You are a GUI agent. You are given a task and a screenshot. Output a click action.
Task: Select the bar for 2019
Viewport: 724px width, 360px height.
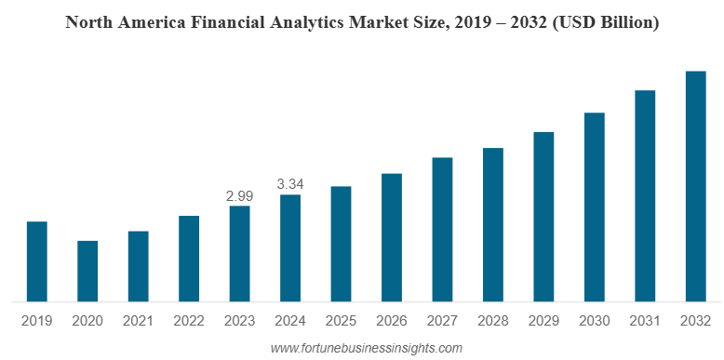coord(36,261)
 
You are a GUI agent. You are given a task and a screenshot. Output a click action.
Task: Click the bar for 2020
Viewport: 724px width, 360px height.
coord(87,271)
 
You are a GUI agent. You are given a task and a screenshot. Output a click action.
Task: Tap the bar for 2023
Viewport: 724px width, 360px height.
coord(239,253)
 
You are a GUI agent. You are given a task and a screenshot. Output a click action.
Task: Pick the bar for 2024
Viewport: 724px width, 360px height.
coord(290,247)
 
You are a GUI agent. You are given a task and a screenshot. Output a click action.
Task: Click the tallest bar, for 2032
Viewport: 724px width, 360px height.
coord(695,186)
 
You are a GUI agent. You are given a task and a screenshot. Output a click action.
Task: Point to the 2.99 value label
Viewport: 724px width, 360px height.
coord(239,196)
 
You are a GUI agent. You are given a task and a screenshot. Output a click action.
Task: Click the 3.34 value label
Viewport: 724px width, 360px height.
coord(290,184)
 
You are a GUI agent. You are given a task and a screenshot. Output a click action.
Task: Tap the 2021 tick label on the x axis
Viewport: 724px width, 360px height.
coord(138,321)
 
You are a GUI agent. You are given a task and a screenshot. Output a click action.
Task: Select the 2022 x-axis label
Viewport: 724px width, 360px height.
coord(189,321)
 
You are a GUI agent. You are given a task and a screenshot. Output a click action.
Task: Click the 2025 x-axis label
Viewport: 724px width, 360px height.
coord(341,321)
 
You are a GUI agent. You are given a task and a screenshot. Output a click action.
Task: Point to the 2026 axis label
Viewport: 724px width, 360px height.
coord(392,321)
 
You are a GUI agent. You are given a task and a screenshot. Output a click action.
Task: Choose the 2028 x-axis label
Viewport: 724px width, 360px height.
coord(493,321)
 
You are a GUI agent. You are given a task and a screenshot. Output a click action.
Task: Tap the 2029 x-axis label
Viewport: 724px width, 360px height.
coord(543,321)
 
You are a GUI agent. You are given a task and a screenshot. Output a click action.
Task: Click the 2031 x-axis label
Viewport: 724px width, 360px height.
coord(645,321)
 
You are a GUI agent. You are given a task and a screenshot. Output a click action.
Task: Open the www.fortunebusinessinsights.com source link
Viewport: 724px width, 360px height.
coord(366,348)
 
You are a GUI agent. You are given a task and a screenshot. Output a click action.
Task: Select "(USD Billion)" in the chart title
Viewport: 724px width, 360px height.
coord(606,22)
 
